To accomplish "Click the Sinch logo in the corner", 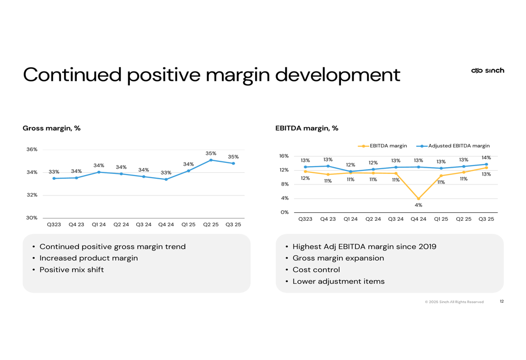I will click(488, 70).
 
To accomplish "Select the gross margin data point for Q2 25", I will click(211, 160).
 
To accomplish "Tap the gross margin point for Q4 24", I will click(166, 179).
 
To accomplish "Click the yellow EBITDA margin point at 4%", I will click(419, 199).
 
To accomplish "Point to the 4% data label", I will click(419, 205).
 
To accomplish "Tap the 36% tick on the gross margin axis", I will click(32, 149).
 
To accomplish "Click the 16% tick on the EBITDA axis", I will click(284, 156).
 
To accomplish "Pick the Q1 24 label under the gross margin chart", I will click(99, 224).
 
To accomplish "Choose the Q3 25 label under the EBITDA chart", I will click(487, 219).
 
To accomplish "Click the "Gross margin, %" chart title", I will click(52, 128).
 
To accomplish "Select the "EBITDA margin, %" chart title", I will click(307, 128).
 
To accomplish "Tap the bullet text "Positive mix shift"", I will click(72, 270).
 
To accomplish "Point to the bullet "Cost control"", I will click(316, 270).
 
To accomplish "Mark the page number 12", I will click(501, 302).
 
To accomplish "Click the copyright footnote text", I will click(454, 302).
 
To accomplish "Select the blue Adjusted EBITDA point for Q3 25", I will click(487, 164).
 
